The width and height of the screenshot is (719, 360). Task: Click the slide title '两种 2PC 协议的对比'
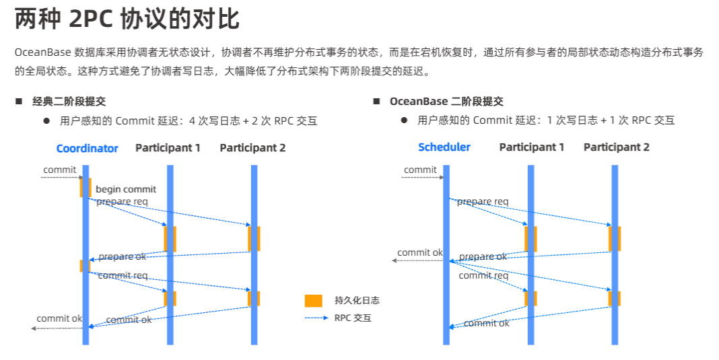point(127,20)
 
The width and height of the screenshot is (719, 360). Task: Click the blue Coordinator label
point(87,148)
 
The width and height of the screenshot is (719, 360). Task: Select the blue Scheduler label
point(444,147)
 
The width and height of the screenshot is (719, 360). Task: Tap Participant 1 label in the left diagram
point(168,147)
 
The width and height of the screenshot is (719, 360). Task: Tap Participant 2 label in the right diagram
point(616,147)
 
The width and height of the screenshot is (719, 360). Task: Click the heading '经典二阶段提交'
point(69,102)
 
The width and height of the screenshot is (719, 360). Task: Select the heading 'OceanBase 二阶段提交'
point(446,102)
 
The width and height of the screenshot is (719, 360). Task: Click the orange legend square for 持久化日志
point(313,301)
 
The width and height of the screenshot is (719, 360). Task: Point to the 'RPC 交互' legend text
point(353,318)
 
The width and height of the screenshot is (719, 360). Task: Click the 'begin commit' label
point(126,189)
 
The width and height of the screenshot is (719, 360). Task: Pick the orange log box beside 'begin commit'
point(85,188)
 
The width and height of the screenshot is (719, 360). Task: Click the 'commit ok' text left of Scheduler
point(419,253)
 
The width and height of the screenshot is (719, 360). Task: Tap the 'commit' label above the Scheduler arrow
point(421,170)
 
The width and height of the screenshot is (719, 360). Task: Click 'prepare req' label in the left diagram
point(122,201)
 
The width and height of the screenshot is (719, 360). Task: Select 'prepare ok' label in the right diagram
point(483,257)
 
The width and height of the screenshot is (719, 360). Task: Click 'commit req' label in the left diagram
point(123,275)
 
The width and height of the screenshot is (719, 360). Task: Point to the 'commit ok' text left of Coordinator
point(59,318)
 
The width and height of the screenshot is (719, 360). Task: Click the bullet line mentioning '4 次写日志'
point(188,121)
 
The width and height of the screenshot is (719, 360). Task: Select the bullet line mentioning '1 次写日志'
point(545,120)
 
